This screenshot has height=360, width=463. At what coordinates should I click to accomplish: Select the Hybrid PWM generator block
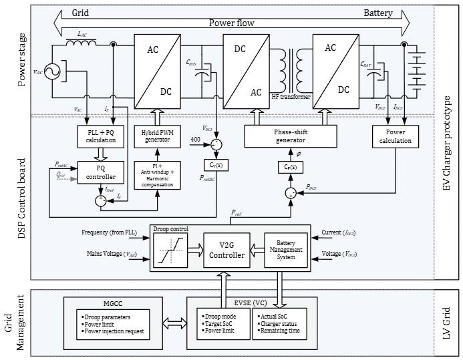pyautogui.click(x=158, y=136)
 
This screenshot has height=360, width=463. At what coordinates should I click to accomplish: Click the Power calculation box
pyautogui.click(x=394, y=136)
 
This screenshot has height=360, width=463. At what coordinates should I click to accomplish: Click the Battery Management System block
pyautogui.click(x=285, y=248)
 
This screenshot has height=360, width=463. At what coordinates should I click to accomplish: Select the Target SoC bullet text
pyautogui.click(x=217, y=323)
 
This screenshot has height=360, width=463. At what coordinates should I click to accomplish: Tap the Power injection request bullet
pyautogui.click(x=114, y=331)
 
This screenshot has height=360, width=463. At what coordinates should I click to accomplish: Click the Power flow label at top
pyautogui.click(x=231, y=21)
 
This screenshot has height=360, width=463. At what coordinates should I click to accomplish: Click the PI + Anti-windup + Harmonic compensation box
pyautogui.click(x=158, y=174)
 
